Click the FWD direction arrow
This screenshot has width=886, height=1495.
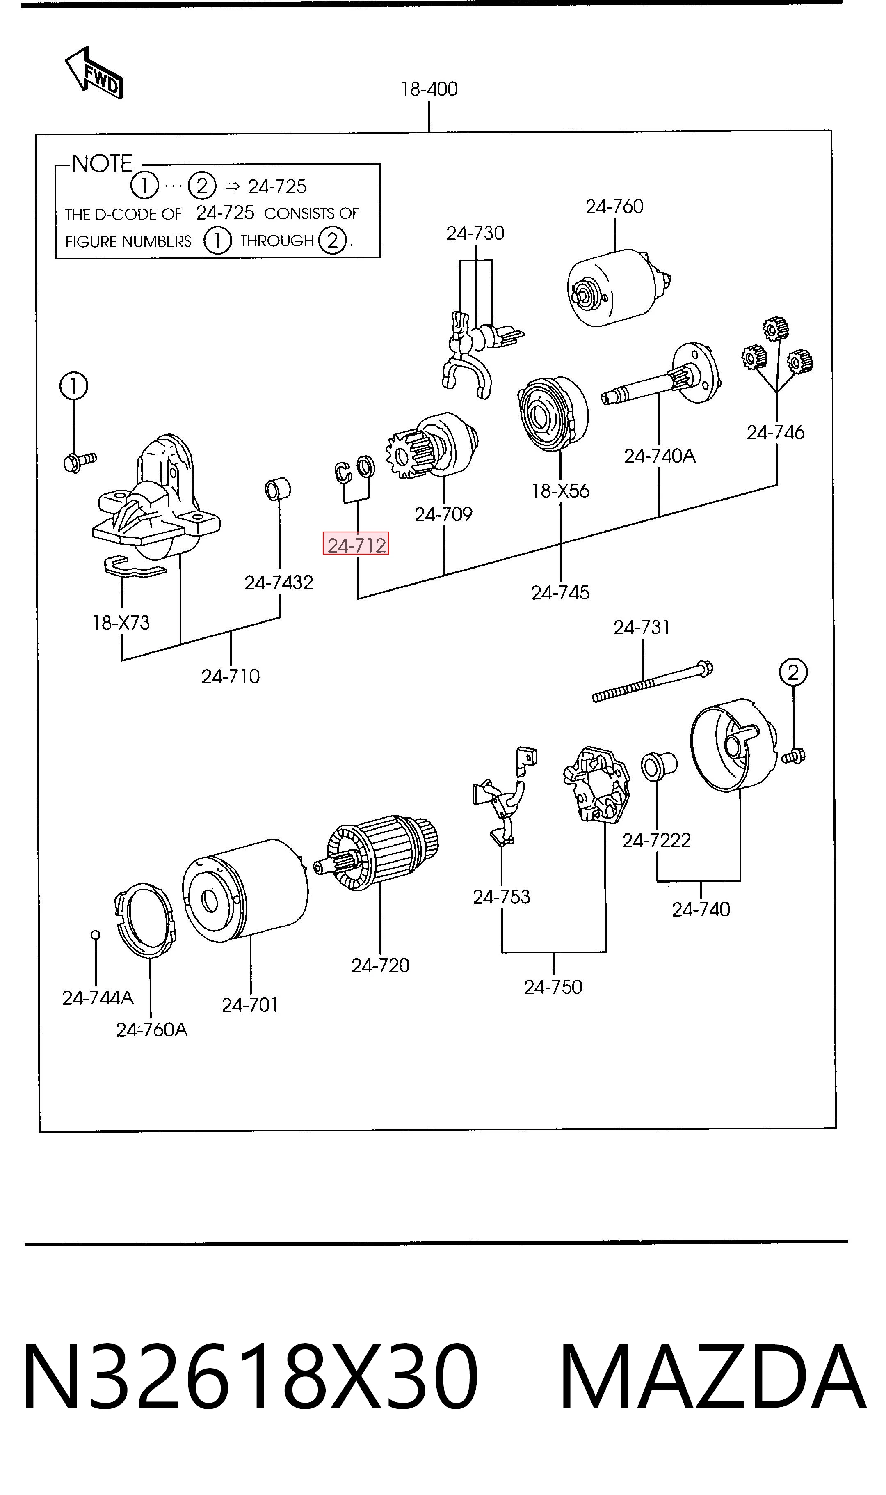(x=94, y=73)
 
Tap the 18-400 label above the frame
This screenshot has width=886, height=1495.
(x=429, y=89)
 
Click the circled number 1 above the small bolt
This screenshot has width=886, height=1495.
(x=73, y=386)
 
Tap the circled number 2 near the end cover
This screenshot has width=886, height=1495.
(x=793, y=672)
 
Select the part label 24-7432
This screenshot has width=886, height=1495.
(x=279, y=582)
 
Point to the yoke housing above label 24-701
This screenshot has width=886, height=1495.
(x=245, y=891)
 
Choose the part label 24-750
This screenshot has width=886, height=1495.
(x=553, y=987)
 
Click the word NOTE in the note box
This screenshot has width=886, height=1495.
(x=102, y=164)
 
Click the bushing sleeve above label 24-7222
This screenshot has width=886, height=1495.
(x=659, y=766)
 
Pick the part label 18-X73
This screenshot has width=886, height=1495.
(x=121, y=623)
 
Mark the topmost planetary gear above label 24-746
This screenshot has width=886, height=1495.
(x=776, y=329)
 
